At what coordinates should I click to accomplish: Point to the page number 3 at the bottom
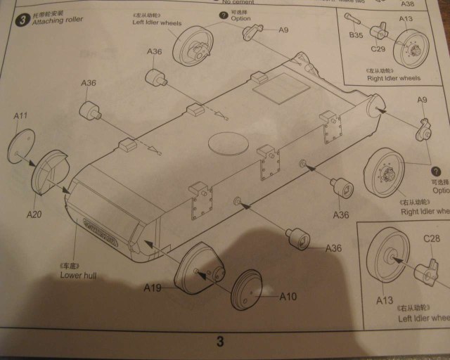219,342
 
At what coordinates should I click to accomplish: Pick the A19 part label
154,288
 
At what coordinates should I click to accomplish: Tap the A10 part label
288,297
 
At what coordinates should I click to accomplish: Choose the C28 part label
432,240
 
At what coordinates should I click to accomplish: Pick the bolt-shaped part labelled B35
355,20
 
